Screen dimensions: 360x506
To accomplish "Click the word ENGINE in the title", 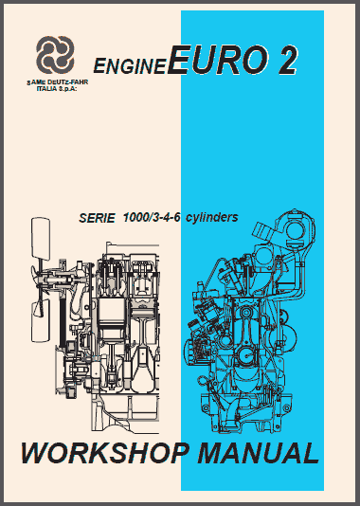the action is [x=130, y=65].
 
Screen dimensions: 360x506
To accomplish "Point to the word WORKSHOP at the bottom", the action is [x=105, y=453].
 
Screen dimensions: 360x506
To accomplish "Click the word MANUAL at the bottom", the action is [x=259, y=453].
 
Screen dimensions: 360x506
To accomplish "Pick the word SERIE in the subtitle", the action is [x=97, y=218].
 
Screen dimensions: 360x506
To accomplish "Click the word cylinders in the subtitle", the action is [x=212, y=218].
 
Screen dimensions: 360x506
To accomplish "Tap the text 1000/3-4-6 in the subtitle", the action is [x=152, y=218].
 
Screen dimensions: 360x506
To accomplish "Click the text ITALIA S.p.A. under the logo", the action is [x=57, y=88].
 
